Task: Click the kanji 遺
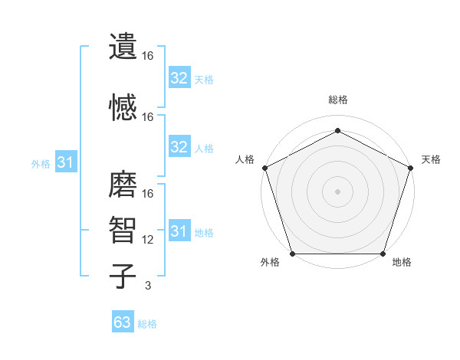point(123,46)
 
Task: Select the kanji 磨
point(123,184)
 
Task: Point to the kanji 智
point(123,231)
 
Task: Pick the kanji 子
point(123,276)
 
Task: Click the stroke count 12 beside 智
point(149,240)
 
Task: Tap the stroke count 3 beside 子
point(148,286)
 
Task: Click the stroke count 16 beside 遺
point(149,56)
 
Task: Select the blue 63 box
point(123,322)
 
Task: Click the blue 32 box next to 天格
point(179,78)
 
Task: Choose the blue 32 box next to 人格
point(179,147)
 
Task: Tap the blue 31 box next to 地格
point(179,231)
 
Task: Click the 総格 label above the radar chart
point(337,100)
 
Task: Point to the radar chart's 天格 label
point(432,159)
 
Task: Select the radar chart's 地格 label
point(402,263)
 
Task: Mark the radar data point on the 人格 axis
point(264,168)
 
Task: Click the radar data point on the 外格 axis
point(292,254)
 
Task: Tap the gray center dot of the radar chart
point(337,191)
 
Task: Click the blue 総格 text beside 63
point(147,324)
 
